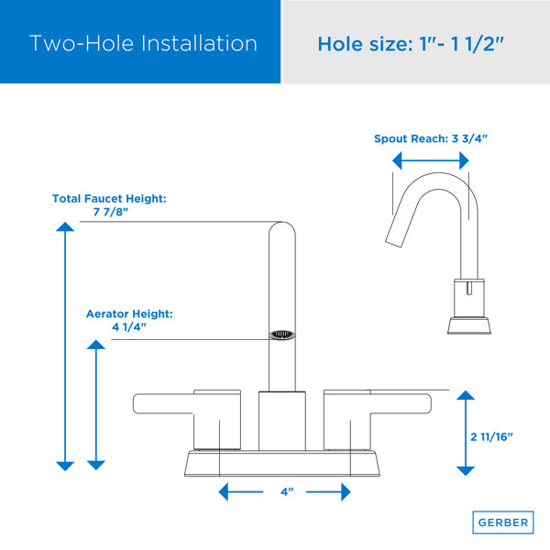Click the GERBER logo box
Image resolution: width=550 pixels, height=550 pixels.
point(503,522)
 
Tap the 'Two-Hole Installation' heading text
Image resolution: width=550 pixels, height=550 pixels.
point(143,43)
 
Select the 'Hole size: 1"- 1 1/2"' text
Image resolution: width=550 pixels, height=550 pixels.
point(411,44)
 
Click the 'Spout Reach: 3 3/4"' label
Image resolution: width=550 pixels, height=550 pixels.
point(431,138)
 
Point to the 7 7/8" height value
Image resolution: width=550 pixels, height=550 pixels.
point(111,212)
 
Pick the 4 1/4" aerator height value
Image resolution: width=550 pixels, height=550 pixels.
point(128,327)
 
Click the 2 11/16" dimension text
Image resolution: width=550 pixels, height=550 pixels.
point(491,436)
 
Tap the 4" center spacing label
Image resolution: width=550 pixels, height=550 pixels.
point(287,491)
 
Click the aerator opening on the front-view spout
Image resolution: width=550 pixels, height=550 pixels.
point(282,335)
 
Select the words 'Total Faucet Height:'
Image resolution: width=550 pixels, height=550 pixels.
point(109,199)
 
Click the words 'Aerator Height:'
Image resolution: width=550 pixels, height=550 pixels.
point(129,313)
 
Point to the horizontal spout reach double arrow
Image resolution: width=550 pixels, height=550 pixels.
point(431,160)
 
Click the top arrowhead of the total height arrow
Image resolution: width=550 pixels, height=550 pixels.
point(65,227)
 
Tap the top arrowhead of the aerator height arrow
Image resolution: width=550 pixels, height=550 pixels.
point(95,345)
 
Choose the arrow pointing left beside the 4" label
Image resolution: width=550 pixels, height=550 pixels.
point(240,491)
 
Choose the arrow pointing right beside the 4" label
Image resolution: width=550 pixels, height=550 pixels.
point(328,491)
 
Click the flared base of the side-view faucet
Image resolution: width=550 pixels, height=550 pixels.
point(469,325)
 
